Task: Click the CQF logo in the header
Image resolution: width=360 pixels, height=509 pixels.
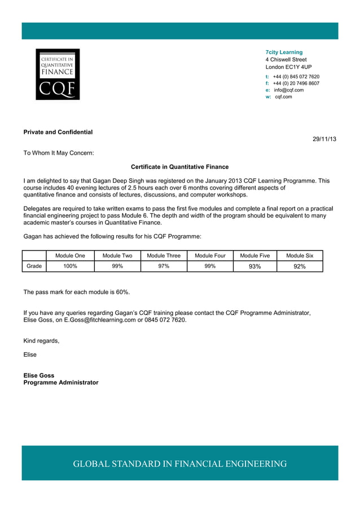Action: [58, 74]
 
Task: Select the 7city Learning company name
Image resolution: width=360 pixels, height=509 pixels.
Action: [284, 52]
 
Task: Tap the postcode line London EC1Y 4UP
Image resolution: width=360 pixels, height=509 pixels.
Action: [288, 67]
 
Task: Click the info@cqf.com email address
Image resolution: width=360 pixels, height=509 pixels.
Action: [288, 90]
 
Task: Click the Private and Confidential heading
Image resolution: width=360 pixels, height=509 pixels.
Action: [58, 132]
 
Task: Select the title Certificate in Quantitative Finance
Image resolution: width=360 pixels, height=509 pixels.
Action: [179, 167]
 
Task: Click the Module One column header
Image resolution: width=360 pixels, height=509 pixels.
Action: [70, 256]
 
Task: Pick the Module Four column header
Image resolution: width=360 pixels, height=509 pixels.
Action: [210, 256]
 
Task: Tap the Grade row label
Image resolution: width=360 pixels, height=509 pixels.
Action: [34, 266]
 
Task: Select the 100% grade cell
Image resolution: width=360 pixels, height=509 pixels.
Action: [70, 266]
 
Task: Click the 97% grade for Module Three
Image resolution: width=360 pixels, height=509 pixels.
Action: [164, 266]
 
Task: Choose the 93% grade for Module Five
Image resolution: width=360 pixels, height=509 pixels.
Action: [255, 266]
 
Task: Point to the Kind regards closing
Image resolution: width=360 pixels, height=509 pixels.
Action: [41, 340]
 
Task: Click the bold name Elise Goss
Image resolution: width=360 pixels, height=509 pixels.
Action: [39, 375]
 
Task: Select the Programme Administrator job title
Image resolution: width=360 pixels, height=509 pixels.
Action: [60, 383]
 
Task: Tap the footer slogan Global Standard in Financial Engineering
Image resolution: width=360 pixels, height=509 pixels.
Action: [179, 464]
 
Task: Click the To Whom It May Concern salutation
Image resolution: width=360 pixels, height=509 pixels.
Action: [59, 152]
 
